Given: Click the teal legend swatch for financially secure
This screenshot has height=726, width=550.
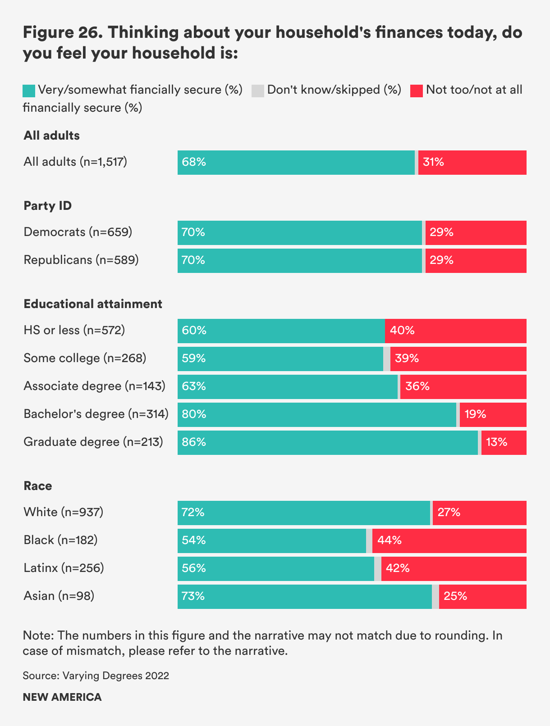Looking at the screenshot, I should pos(29,91).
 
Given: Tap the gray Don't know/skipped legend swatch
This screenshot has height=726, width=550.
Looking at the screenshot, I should pos(258,91).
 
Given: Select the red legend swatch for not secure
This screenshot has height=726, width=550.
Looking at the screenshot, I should pos(417,91).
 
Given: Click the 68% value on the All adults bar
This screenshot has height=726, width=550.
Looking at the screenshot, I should pos(194,162).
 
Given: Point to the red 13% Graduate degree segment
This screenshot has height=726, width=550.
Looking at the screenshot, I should pos(504,442).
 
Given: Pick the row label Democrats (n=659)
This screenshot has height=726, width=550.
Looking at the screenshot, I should pos(78,232).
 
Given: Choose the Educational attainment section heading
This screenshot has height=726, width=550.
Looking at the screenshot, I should pos(93,304).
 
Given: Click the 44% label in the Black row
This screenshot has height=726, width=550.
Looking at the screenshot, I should pos(390,540).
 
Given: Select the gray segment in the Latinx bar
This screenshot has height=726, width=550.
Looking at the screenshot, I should pos(378,568).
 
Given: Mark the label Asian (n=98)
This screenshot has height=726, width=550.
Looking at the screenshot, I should pos(59,596).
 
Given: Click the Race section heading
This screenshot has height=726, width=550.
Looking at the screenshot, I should pos(38,486).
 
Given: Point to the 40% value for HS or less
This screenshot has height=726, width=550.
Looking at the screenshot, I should pos(402,331).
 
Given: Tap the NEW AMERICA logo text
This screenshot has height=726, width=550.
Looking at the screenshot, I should pos(62,697).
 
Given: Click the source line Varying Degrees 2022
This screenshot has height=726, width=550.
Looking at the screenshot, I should pos(96,676).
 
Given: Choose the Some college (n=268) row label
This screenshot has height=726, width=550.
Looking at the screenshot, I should pos(85,358).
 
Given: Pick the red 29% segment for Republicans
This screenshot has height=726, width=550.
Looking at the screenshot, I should pos(476,260).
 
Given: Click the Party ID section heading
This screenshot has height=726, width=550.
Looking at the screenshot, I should pos(48,206).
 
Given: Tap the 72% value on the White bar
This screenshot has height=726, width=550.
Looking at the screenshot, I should pos(193,513).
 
